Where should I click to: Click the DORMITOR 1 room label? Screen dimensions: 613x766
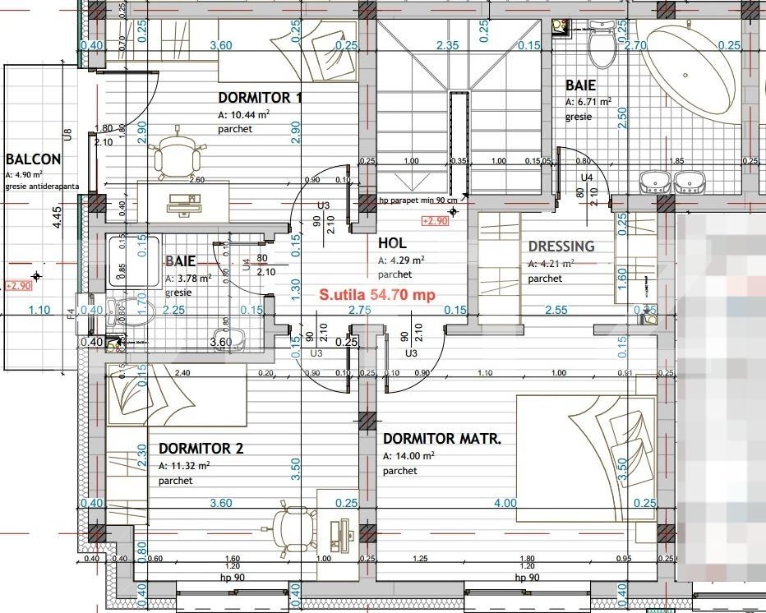click(261, 98)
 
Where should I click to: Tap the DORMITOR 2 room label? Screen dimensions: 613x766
click(201, 449)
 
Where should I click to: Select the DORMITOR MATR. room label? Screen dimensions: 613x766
click(441, 439)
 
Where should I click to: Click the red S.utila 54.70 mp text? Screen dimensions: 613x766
click(377, 293)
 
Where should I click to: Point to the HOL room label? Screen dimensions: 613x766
click(392, 243)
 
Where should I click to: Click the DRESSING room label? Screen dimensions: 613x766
click(561, 247)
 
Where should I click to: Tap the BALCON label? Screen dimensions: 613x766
click(33, 159)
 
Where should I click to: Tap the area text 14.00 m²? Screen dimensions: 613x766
click(408, 456)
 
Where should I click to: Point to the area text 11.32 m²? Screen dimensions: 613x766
click(184, 466)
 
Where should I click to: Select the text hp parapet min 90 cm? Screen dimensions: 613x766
click(418, 200)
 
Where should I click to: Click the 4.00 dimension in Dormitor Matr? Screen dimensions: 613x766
click(505, 503)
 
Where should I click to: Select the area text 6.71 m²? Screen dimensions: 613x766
click(588, 102)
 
